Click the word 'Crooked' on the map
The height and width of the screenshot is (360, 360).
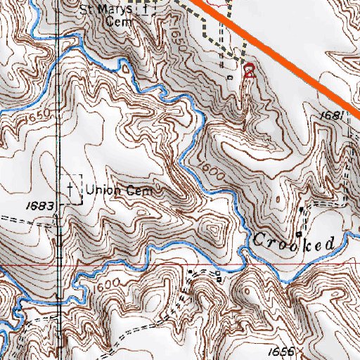point(293,243)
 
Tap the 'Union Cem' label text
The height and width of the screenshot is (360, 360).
point(123,190)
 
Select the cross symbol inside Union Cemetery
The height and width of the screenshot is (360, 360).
point(71,188)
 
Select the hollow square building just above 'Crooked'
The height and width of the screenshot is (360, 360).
point(299,233)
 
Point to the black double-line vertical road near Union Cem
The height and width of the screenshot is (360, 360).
point(58,141)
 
